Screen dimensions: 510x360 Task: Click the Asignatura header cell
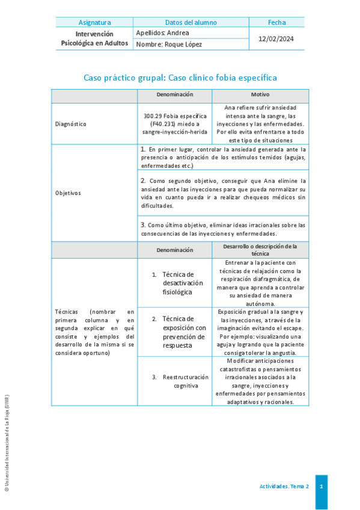pos(94,22)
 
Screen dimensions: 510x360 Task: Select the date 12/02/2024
pos(276,38)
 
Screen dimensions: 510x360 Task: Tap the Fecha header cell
pos(276,22)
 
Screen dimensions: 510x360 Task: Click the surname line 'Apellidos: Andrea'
pos(163,32)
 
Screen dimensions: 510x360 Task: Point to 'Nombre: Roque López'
pos(169,45)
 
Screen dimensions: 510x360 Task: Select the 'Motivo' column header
pos(260,95)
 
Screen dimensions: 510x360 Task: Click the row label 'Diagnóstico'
pos(70,124)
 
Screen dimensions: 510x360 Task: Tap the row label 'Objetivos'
pos(68,193)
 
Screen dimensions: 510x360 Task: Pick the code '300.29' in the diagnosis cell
pos(154,115)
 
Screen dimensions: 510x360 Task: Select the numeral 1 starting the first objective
pos(142,149)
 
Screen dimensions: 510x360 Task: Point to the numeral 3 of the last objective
pos(142,224)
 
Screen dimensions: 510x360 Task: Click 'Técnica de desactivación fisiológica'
pos(183,283)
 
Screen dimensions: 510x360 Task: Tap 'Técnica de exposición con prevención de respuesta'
pos(184,332)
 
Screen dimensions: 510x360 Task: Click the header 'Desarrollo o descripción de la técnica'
pos(260,250)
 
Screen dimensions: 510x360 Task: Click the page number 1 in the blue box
pos(322,486)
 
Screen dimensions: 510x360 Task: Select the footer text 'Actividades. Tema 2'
pos(284,486)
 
